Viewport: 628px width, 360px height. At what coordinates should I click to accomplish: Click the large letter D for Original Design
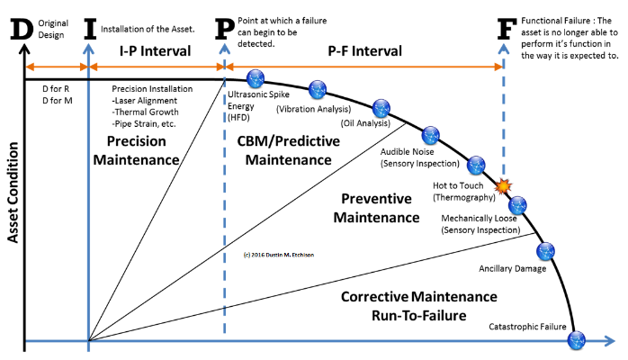pyautogui.click(x=22, y=29)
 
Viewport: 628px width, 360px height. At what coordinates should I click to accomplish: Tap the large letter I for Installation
pyautogui.click(x=90, y=29)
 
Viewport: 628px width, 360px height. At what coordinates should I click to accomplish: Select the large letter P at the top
pyautogui.click(x=224, y=29)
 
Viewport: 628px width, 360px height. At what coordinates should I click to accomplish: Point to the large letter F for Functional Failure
pyautogui.click(x=507, y=29)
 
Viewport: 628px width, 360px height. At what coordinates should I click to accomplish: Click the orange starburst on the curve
pyautogui.click(x=503, y=186)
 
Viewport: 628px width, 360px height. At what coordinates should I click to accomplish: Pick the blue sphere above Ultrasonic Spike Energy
pyautogui.click(x=256, y=78)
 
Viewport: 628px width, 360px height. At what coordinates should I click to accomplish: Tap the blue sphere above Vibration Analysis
pyautogui.click(x=318, y=89)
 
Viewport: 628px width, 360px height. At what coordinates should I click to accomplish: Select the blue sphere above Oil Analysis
pyautogui.click(x=381, y=108)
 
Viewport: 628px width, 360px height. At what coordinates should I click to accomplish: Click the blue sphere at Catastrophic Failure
pyautogui.click(x=577, y=340)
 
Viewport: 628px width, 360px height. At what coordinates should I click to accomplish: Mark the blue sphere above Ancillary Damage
pyautogui.click(x=545, y=251)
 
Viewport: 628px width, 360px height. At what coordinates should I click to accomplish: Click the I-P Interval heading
pyautogui.click(x=156, y=51)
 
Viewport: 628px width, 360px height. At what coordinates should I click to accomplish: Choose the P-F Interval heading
pyautogui.click(x=365, y=51)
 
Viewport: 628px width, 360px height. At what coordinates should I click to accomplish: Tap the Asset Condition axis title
pyautogui.click(x=13, y=193)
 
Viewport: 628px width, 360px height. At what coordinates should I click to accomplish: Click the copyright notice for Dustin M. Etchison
pyautogui.click(x=279, y=255)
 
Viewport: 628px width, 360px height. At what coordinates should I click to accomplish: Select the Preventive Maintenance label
pyautogui.click(x=376, y=208)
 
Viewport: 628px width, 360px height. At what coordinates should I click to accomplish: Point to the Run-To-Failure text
pyautogui.click(x=419, y=316)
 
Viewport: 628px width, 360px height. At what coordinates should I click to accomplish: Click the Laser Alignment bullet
pyautogui.click(x=145, y=101)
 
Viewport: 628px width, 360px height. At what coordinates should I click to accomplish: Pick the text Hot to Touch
pyautogui.click(x=458, y=185)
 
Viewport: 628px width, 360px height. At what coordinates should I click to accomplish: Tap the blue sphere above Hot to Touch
pyautogui.click(x=476, y=165)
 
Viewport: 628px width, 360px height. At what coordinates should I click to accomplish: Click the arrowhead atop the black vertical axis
pyautogui.click(x=25, y=49)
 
